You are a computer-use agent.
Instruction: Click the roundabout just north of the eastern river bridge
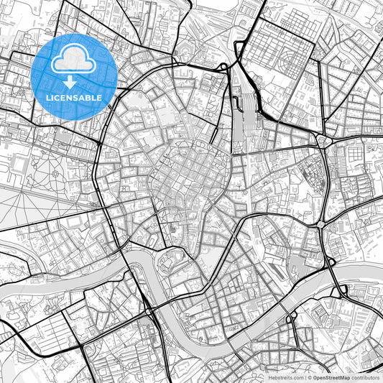[x=318, y=225]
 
